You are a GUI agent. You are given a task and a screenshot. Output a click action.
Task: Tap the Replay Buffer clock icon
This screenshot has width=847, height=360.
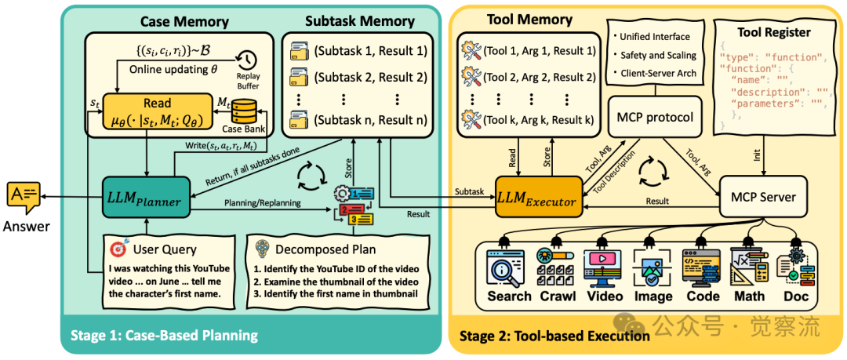pyautogui.click(x=248, y=59)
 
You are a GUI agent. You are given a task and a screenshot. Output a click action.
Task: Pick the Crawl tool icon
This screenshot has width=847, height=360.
pyautogui.click(x=556, y=267)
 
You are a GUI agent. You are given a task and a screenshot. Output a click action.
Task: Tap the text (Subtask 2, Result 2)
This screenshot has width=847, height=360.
pyautogui.click(x=370, y=78)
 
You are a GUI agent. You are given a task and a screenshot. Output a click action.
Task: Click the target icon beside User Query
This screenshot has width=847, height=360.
pyautogui.click(x=118, y=249)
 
